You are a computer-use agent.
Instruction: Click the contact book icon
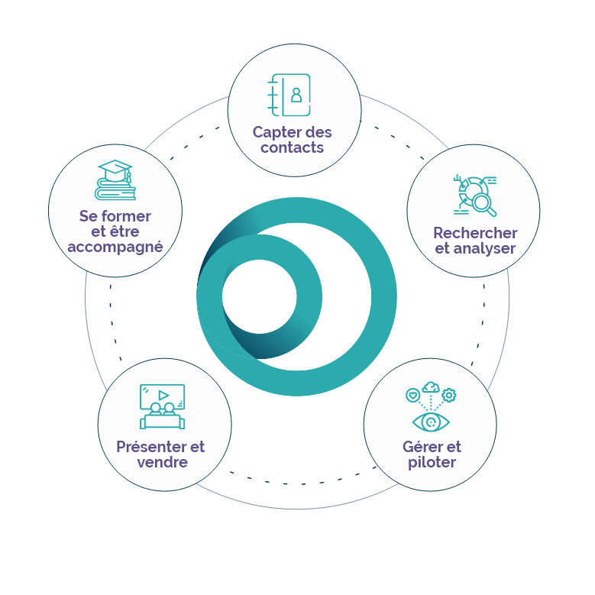click(x=290, y=95)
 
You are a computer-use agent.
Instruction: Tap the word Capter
click(x=277, y=133)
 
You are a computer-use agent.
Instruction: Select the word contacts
click(x=293, y=148)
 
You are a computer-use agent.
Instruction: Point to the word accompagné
click(x=115, y=247)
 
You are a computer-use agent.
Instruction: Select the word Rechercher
click(x=475, y=233)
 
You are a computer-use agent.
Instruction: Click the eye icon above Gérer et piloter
click(x=431, y=422)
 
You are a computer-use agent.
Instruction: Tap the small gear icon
click(x=449, y=395)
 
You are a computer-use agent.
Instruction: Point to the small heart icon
click(x=413, y=395)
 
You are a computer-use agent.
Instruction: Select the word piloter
click(x=432, y=463)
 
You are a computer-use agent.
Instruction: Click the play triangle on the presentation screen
click(x=163, y=395)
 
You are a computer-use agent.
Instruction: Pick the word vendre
click(x=162, y=462)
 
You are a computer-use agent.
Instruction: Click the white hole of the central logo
click(x=259, y=296)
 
